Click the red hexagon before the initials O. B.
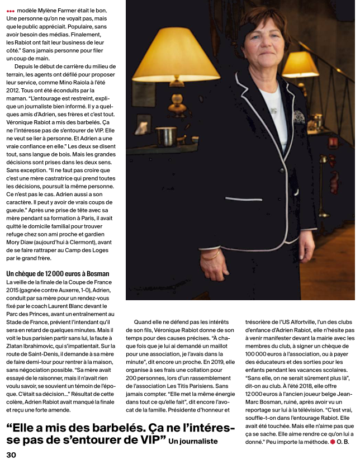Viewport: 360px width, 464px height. point(332,442)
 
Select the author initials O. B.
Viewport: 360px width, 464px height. point(343,442)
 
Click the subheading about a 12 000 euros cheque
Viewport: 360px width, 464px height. point(57,273)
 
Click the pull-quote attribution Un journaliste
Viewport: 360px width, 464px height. point(193,442)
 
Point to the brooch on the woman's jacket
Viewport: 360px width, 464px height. point(297,116)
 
